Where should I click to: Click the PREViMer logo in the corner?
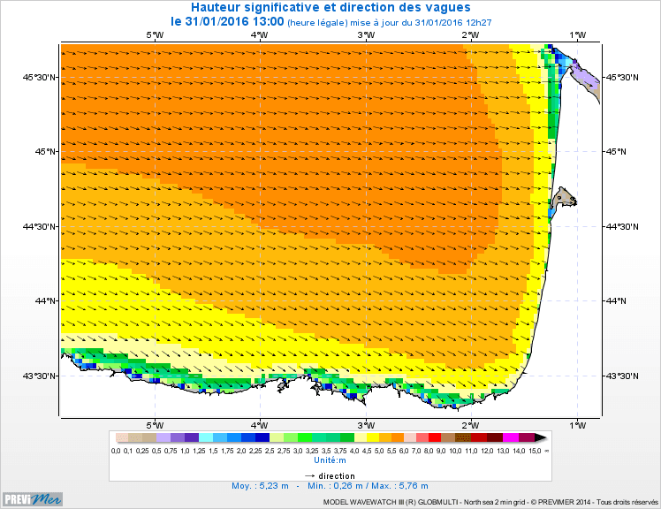click(x=33, y=498)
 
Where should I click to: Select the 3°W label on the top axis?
click(x=364, y=34)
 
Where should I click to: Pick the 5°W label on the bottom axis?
click(x=154, y=422)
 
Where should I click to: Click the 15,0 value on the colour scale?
click(x=535, y=451)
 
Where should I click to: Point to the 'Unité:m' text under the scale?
click(x=330, y=460)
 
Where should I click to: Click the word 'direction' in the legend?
click(x=337, y=475)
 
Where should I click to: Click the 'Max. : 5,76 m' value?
click(x=399, y=486)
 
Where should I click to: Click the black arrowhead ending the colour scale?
click(x=541, y=437)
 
